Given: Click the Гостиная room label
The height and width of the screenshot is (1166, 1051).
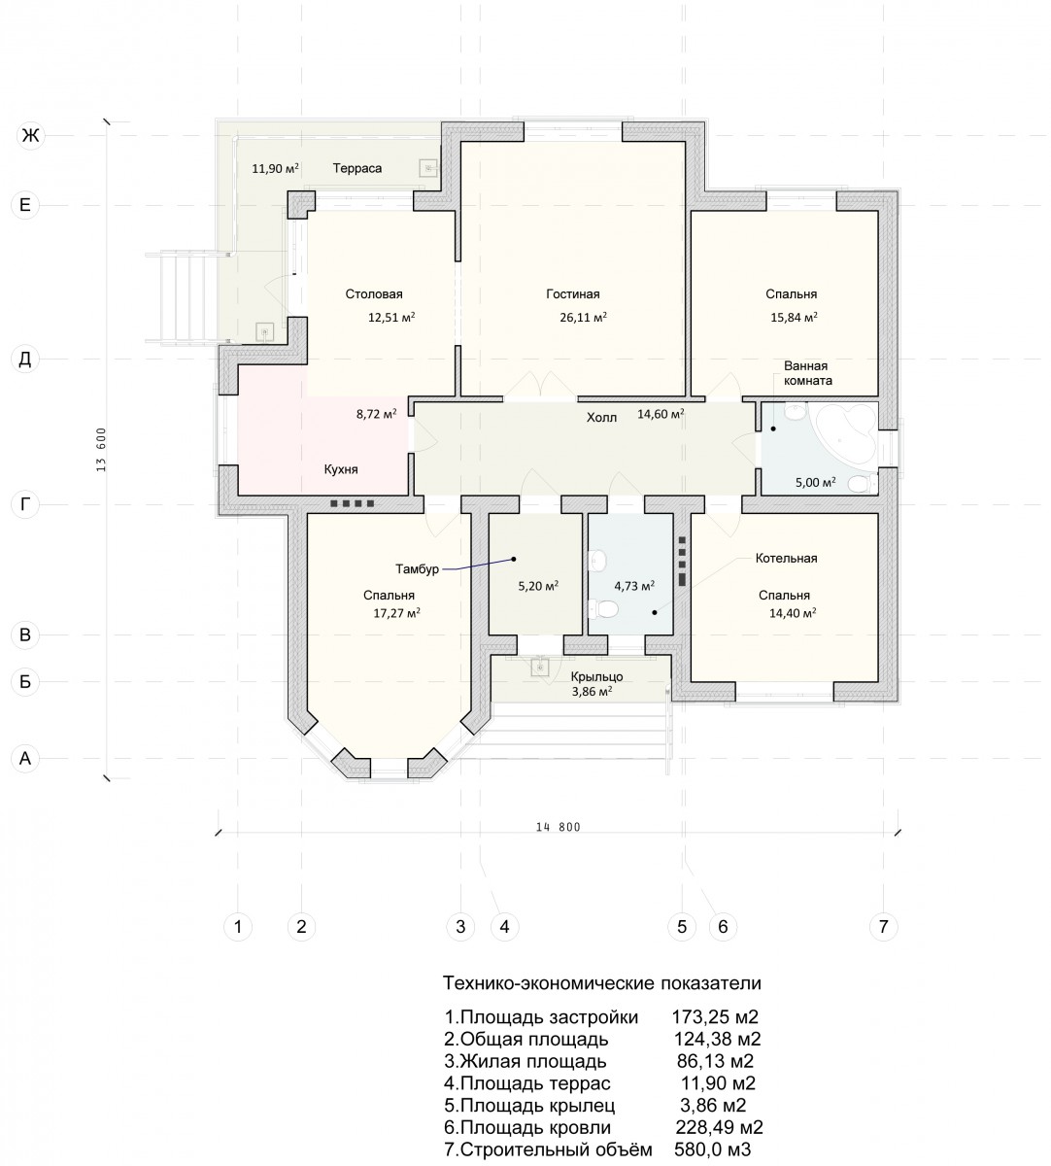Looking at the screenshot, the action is [x=572, y=294].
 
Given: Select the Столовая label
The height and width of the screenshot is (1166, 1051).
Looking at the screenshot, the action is [x=374, y=294].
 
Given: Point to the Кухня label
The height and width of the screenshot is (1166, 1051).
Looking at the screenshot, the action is [x=341, y=469].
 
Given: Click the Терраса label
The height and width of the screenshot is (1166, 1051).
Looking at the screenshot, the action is [x=356, y=168].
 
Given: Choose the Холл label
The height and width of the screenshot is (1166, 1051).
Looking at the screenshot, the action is [x=601, y=418].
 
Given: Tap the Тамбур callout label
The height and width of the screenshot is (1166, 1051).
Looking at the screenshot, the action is [x=417, y=569].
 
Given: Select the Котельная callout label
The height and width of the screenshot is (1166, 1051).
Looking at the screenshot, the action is [x=786, y=558].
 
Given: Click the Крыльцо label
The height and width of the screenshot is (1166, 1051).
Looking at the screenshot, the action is [x=596, y=676].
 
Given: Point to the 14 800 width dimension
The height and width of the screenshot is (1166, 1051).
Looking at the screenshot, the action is [x=559, y=827].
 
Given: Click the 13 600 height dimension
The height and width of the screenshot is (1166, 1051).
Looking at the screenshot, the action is [x=102, y=449].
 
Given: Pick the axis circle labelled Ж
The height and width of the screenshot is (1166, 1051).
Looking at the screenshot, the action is [x=30, y=135].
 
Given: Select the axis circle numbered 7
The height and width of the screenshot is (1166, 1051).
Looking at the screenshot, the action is [x=883, y=926].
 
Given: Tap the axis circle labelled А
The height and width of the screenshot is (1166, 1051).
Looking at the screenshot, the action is [x=25, y=758].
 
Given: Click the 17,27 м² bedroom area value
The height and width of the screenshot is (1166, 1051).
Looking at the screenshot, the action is [x=396, y=613].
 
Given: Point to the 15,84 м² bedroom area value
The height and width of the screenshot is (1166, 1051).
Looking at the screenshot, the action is [x=794, y=318].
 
